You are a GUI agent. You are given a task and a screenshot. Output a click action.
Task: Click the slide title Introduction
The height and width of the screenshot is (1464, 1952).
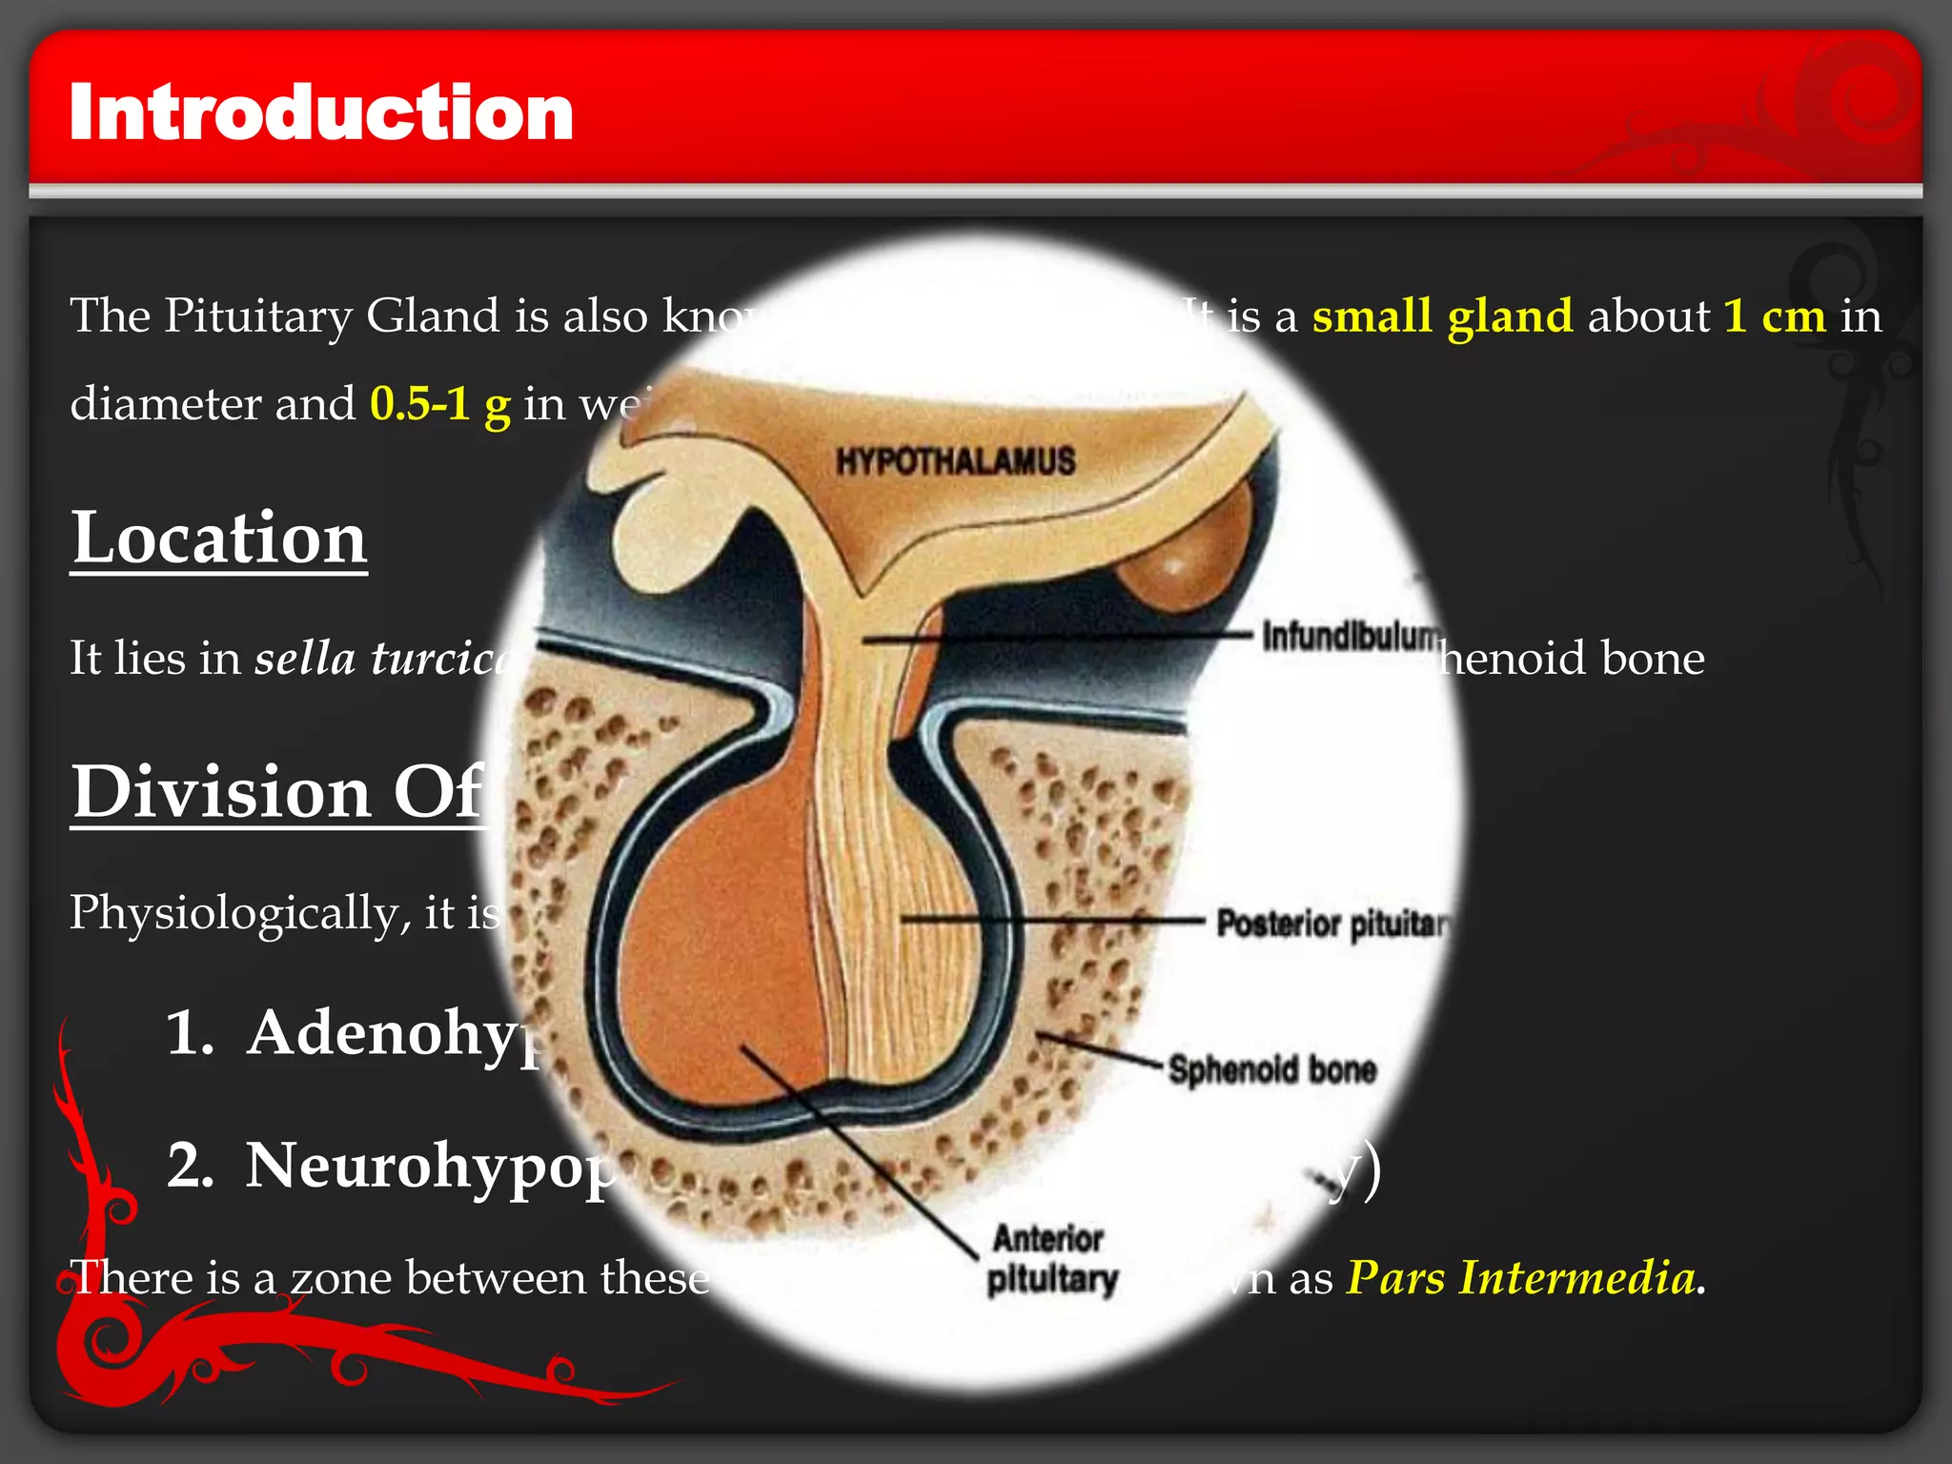[x=321, y=112]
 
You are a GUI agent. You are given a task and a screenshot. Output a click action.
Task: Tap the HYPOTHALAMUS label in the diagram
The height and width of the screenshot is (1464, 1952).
[x=955, y=462]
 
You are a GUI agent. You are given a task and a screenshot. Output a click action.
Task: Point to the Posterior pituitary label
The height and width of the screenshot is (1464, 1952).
[x=1332, y=923]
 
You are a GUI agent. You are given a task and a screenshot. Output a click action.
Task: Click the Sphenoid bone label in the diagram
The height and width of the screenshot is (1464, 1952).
[x=1272, y=1069]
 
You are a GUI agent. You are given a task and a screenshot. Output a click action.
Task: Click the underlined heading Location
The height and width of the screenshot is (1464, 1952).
[x=219, y=539]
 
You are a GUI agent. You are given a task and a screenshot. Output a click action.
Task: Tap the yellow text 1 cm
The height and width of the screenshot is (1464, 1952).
[x=1775, y=315]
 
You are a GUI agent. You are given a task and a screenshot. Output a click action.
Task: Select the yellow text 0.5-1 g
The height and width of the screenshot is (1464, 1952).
[x=439, y=403]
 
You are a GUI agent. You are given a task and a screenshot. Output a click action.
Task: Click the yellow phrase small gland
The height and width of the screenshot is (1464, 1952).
[x=1442, y=315]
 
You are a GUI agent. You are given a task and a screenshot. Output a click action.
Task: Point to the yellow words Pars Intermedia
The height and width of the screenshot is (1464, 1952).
[x=1521, y=1277]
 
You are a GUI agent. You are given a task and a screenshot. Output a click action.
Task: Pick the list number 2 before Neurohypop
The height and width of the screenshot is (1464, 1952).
[x=189, y=1165]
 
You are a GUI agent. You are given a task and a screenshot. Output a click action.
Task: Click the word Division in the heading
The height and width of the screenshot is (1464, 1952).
[x=221, y=792]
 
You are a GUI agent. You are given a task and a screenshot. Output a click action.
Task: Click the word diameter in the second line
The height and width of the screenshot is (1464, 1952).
[x=165, y=403]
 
